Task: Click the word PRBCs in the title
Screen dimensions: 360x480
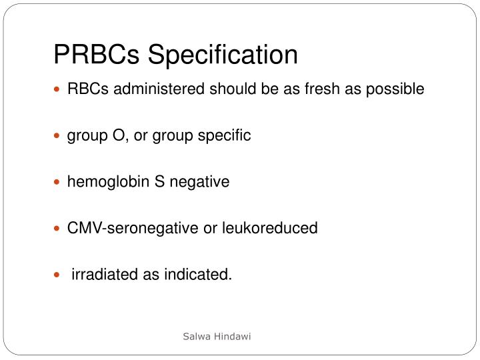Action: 97,55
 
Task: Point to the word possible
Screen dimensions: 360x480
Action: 395,90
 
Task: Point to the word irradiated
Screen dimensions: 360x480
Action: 103,274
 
